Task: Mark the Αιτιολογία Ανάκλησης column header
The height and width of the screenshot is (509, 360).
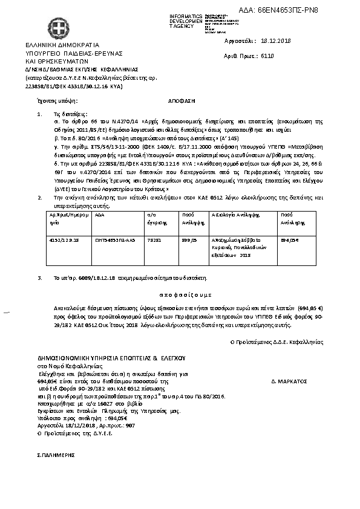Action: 234,215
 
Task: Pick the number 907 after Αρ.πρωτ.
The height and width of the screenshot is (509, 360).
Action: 122,426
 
